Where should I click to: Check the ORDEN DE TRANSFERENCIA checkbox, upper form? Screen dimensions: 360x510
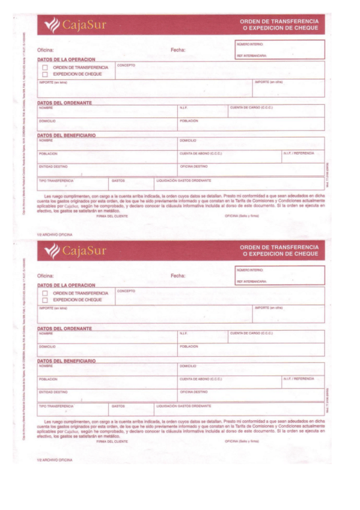45,67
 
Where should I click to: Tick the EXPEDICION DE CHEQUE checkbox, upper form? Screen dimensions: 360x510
45,74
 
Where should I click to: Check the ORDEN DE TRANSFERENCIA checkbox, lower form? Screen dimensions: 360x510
45,293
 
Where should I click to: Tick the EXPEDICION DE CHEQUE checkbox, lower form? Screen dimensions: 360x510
45,300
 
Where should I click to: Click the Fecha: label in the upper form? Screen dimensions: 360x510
178,50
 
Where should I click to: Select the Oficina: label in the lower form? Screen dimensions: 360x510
46,275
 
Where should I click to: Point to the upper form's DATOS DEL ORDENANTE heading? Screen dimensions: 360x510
65,102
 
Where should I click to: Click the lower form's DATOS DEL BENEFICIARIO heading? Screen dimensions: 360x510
67,361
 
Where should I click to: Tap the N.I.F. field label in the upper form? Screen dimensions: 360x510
183,108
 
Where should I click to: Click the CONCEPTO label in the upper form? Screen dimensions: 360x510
126,65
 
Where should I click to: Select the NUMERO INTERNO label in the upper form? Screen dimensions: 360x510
250,44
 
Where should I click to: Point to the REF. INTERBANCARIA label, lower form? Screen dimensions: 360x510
252,281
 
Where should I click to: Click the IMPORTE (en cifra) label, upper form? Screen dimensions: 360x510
269,82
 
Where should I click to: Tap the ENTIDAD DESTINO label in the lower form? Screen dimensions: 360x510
53,392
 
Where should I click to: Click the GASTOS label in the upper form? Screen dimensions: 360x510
118,180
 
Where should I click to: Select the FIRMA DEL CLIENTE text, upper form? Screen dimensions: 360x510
112,215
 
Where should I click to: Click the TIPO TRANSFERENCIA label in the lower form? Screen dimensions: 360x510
56,406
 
